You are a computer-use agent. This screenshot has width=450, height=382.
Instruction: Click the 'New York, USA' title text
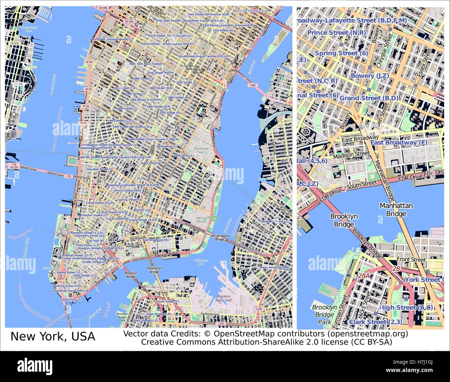tap(53, 336)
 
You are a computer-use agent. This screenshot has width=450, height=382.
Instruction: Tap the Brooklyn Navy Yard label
tap(223, 299)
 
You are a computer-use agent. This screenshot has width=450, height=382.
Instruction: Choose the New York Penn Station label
tap(145, 64)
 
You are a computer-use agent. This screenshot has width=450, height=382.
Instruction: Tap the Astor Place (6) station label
tap(151, 163)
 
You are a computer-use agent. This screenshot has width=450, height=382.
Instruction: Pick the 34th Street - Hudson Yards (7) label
tap(111, 39)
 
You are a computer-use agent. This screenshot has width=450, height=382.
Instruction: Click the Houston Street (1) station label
tap(99, 169)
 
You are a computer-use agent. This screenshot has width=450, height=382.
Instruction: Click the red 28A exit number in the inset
tap(363, 276)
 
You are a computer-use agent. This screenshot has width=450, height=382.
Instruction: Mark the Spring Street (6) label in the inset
tap(341, 53)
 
